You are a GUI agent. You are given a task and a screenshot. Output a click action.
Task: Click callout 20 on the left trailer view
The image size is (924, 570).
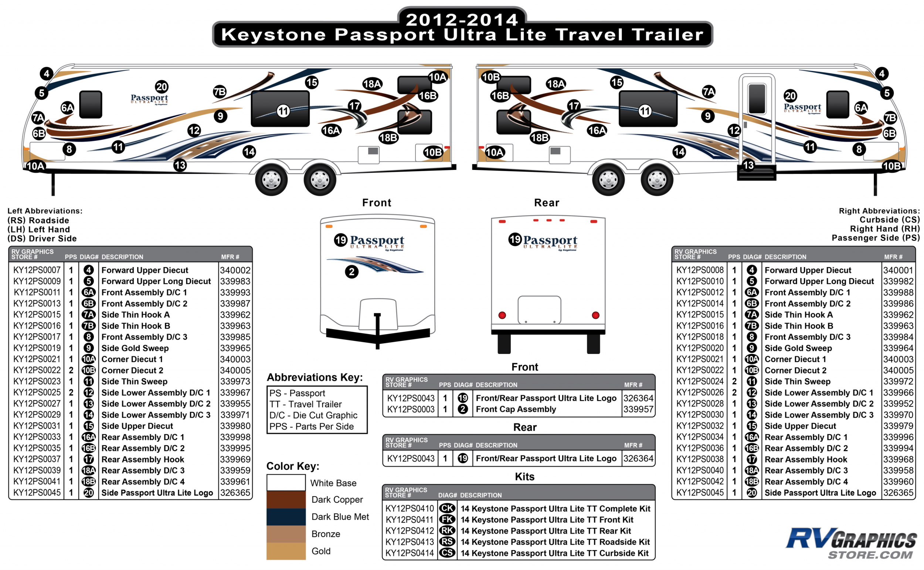(162, 87)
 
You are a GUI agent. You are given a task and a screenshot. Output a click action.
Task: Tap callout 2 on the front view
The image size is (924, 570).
(351, 272)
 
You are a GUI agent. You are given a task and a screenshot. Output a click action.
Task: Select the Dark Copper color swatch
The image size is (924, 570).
(286, 499)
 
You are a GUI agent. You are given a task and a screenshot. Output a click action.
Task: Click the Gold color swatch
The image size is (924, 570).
(286, 551)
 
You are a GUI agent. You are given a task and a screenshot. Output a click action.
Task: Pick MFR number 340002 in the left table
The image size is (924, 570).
(235, 270)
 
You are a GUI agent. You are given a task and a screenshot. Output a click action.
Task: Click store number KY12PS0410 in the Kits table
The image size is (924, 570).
(409, 508)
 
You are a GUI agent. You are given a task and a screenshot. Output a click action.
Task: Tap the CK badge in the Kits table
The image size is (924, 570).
(447, 508)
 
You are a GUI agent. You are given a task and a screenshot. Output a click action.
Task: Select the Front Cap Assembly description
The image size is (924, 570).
(516, 409)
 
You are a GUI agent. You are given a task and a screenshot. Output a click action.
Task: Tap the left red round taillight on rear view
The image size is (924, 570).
(502, 315)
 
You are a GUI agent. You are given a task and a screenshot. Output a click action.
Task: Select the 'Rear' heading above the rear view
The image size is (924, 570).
(547, 203)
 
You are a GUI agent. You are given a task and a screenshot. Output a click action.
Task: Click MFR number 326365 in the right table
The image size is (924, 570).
(898, 493)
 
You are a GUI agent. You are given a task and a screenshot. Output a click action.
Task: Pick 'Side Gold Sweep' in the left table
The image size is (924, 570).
(135, 348)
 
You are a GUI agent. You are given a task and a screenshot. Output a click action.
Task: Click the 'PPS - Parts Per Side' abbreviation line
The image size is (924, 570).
(311, 426)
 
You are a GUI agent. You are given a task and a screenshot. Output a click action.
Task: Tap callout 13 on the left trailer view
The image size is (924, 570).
(180, 165)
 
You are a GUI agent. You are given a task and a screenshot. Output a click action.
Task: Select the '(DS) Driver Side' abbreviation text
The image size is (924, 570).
(42, 238)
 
